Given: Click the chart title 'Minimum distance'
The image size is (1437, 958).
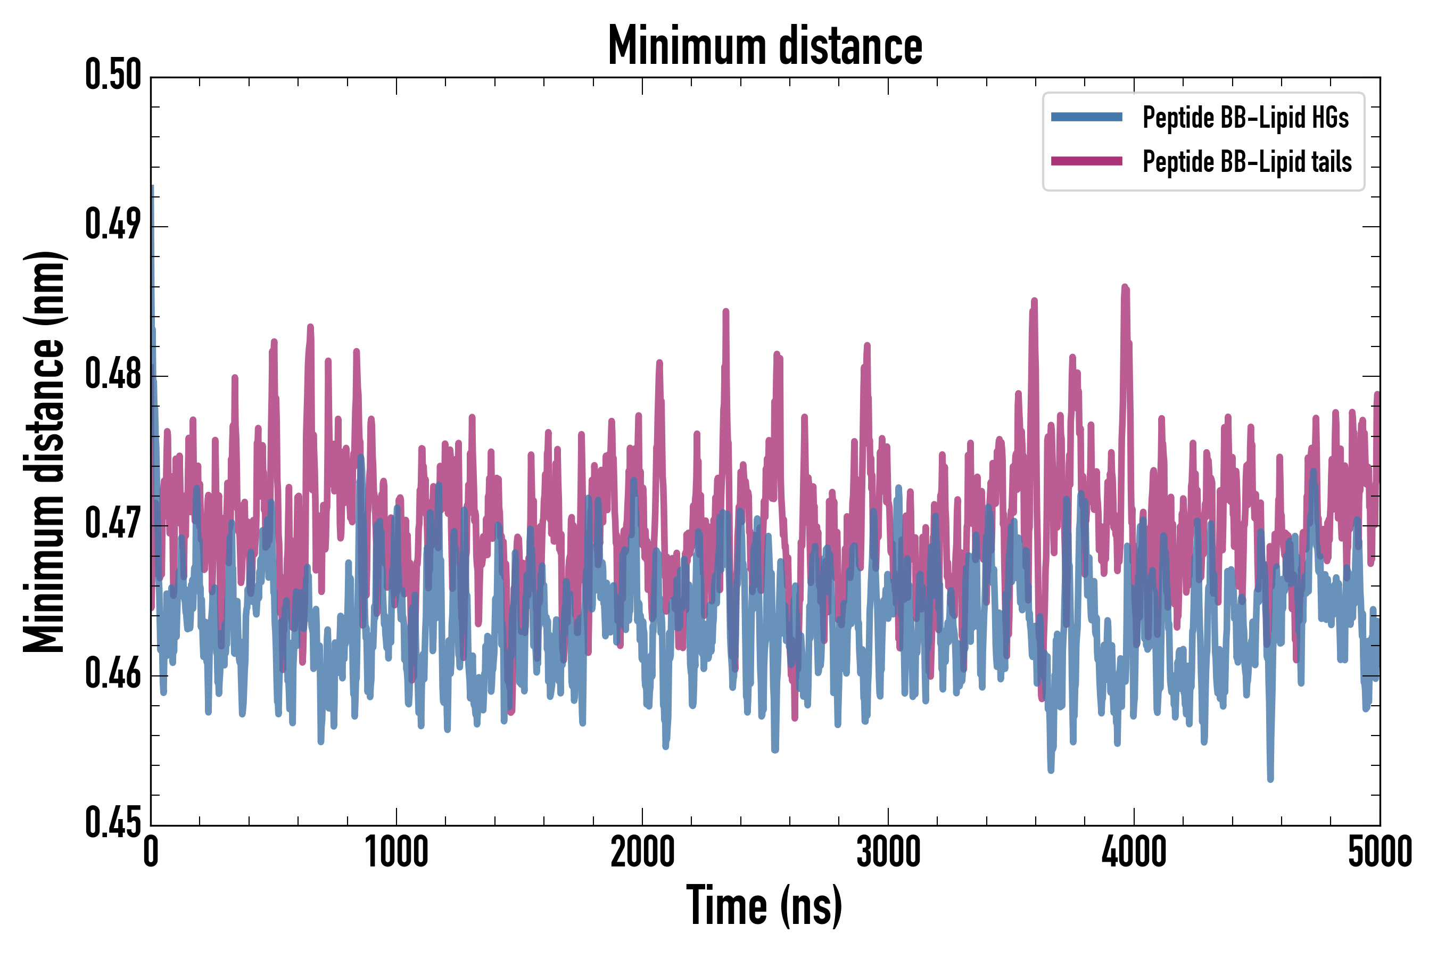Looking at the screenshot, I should [x=765, y=46].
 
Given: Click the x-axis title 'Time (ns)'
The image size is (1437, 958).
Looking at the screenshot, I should [x=764, y=905].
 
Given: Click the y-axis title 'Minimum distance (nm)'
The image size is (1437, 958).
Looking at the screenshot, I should [x=44, y=451].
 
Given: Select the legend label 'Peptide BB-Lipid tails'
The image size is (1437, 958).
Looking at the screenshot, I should [x=1247, y=162].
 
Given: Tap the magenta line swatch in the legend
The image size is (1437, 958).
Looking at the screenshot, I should [x=1086, y=161].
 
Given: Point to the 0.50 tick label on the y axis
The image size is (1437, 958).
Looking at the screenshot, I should [x=113, y=75].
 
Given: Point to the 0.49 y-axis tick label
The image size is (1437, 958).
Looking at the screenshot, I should [x=113, y=224].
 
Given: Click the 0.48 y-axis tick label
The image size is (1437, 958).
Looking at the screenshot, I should [x=113, y=374].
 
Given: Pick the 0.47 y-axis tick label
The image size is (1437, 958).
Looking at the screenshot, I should [x=113, y=524].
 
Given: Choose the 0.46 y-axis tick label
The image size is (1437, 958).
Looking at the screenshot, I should [x=113, y=673].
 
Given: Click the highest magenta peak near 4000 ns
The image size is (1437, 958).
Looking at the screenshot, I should [x=1125, y=287].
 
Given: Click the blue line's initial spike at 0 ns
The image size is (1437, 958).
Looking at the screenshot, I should [x=152, y=187].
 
